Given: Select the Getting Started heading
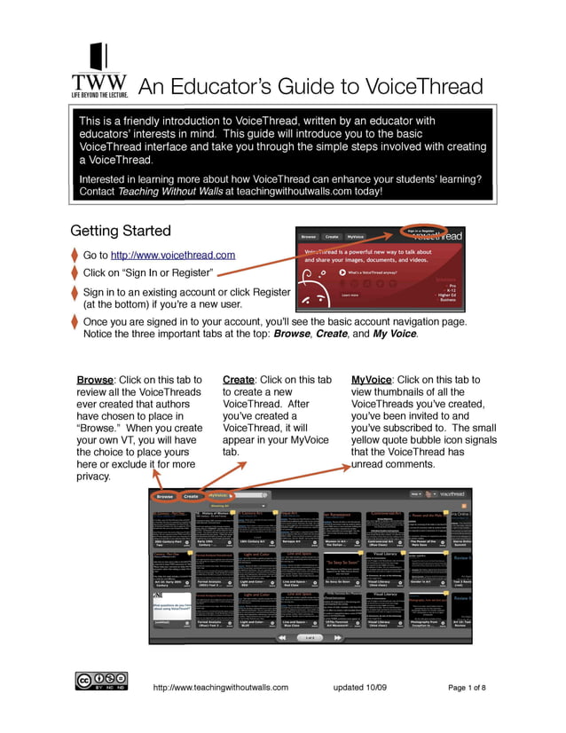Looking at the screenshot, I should (121, 231).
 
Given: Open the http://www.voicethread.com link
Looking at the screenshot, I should (173, 256).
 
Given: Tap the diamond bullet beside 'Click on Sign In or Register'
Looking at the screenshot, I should (75, 273).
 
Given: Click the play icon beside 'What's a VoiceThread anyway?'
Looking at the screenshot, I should (343, 272).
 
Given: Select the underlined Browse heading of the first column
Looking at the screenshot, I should (95, 380).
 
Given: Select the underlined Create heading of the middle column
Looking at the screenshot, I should (240, 380).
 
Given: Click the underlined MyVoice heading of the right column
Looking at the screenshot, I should (373, 380).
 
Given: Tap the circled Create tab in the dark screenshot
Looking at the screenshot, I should (192, 496).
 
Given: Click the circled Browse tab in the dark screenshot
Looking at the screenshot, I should (164, 496).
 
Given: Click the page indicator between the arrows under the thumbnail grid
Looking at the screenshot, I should (309, 637).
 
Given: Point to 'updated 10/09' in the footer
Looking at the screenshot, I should (362, 688).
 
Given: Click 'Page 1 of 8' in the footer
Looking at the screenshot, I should (467, 688).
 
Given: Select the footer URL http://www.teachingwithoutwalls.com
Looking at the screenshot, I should (221, 688).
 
